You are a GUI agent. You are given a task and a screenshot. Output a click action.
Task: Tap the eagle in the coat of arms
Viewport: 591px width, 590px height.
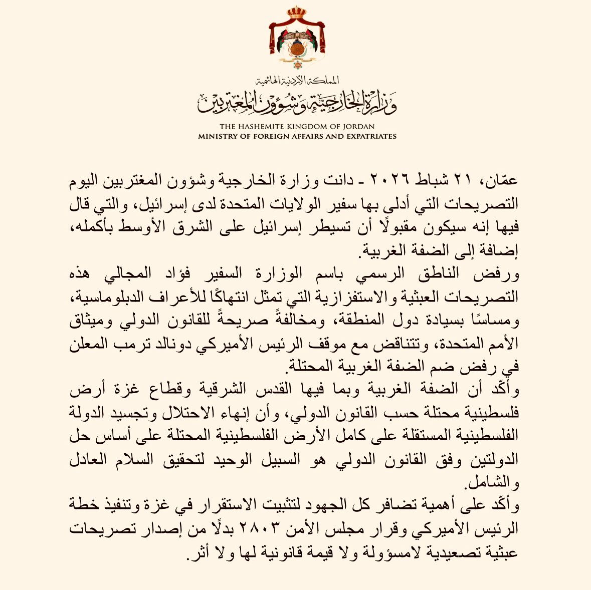(295, 39)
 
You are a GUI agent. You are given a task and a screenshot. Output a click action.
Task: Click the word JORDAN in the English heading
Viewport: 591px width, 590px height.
(359, 127)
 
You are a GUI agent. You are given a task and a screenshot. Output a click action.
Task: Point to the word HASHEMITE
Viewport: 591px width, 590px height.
(258, 127)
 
